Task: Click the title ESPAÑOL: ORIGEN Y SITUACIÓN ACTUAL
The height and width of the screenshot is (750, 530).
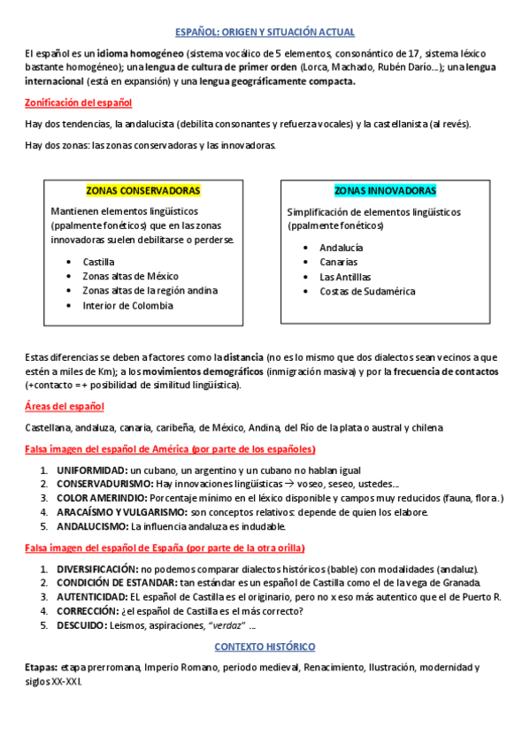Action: [x=265, y=33]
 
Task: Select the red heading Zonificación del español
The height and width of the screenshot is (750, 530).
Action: [x=78, y=103]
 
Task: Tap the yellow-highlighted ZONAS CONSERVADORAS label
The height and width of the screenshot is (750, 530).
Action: [x=142, y=190]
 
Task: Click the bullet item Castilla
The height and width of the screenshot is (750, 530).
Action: [x=99, y=262]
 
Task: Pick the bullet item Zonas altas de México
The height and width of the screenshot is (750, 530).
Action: [x=130, y=276]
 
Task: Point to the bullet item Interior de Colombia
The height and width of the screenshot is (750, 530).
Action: [x=127, y=305]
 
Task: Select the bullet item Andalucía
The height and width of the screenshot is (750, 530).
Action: [x=341, y=248]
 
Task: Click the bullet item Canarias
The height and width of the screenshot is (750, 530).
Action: [x=339, y=262]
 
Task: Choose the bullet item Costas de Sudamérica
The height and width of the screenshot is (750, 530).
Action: [x=367, y=291]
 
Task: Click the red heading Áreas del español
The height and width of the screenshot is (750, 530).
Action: [x=65, y=406]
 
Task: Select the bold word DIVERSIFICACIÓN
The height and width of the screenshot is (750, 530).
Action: [x=97, y=568]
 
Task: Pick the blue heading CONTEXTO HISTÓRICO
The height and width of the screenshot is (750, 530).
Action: [x=265, y=647]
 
